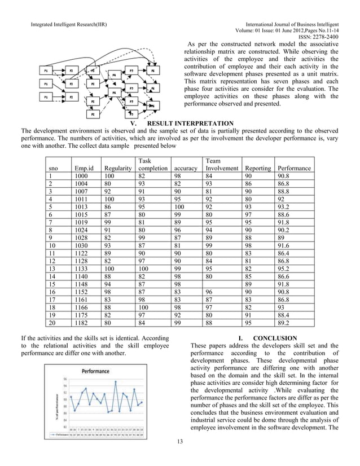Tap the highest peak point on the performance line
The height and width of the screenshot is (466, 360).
pos(116,382)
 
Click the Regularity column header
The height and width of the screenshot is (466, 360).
pos(118,168)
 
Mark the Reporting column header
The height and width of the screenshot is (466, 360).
pos(257,168)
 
